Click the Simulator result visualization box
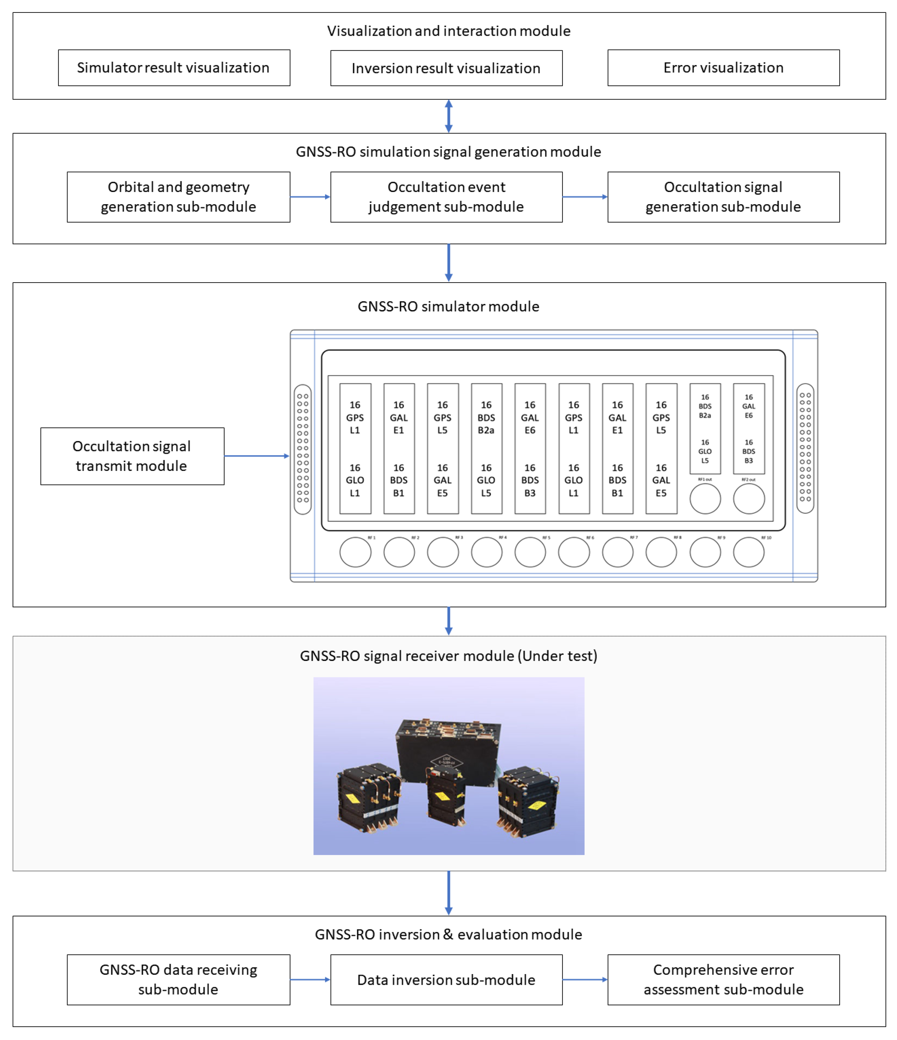click(x=174, y=68)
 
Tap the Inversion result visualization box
click(x=446, y=68)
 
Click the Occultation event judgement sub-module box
click(x=446, y=197)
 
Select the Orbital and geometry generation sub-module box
click(x=178, y=197)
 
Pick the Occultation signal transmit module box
click(x=132, y=456)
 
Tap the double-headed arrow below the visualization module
click(x=448, y=116)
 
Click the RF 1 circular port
click(x=355, y=552)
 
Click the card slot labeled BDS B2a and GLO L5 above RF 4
click(x=486, y=448)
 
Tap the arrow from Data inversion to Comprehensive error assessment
click(x=585, y=979)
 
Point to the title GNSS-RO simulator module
click(x=448, y=306)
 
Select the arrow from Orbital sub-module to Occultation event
click(x=310, y=197)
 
